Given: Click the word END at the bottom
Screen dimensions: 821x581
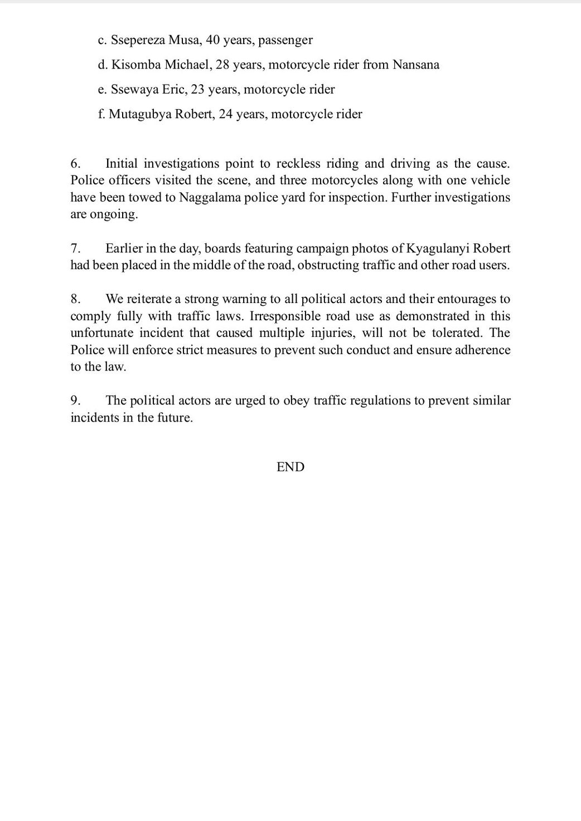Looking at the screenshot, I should coord(290,467).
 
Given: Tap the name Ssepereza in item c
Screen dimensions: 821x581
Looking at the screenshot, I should coord(137,40).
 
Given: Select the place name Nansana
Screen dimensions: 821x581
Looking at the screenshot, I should coord(416,65).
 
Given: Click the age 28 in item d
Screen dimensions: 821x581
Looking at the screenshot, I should coord(222,65).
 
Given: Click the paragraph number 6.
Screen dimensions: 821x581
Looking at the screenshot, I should coord(76,164).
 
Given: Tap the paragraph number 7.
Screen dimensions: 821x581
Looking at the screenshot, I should coord(76,248).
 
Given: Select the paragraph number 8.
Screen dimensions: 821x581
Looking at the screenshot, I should coord(76,299).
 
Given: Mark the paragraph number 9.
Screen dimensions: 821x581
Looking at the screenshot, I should coord(76,400).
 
